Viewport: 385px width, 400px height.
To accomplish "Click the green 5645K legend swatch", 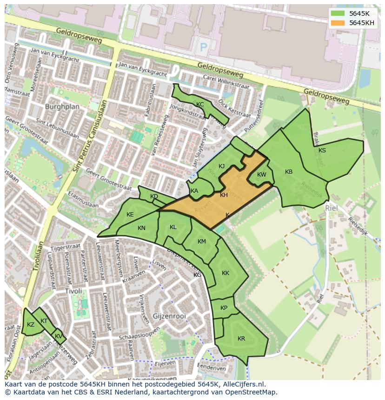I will click(339, 13).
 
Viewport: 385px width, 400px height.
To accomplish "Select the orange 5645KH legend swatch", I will click(339, 23).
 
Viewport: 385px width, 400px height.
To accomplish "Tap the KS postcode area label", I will click(322, 150).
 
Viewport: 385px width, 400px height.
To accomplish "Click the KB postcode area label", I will click(289, 172).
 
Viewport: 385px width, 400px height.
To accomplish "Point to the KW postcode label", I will click(262, 175).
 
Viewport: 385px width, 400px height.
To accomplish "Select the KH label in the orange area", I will click(224, 195).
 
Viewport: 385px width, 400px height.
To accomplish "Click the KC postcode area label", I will click(200, 105).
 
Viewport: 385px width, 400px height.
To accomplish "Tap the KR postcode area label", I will click(241, 339).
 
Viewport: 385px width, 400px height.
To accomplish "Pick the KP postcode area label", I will click(224, 308).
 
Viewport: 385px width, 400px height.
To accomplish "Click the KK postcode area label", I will click(226, 273).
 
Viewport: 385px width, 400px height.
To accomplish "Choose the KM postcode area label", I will click(201, 242).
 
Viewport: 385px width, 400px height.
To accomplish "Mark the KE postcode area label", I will click(130, 215).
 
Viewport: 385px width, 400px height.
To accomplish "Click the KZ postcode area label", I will click(31, 325).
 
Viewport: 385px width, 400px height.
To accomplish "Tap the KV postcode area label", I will click(58, 336).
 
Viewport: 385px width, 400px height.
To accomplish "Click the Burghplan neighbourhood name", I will click(62, 106).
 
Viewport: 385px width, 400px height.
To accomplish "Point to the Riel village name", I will click(331, 209).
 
